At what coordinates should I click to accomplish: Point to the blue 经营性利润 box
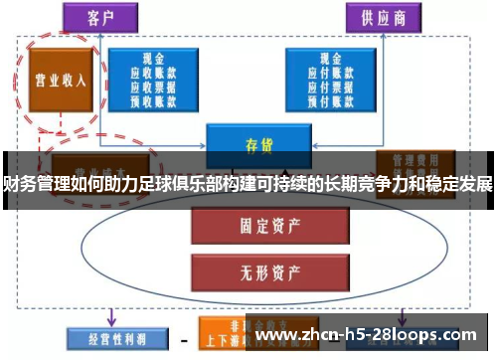(109, 337)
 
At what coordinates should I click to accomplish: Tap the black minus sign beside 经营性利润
(183, 338)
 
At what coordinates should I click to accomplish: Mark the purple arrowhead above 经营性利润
(109, 318)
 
